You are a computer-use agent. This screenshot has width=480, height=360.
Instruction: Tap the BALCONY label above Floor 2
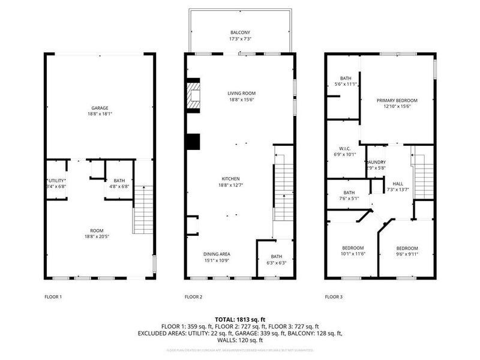click(x=240, y=32)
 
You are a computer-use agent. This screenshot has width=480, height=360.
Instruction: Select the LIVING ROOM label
click(x=242, y=93)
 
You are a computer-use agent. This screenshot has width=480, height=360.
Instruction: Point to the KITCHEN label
click(x=231, y=179)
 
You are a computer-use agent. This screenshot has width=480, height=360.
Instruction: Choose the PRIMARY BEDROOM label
click(x=397, y=100)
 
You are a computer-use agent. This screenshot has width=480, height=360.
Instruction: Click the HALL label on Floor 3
click(x=398, y=184)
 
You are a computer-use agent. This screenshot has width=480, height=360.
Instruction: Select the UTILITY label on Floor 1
click(x=56, y=180)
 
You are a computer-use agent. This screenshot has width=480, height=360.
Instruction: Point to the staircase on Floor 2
click(x=283, y=186)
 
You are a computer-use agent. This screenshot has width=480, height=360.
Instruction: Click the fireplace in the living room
click(x=193, y=96)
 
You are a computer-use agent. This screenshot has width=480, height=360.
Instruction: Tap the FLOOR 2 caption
click(x=193, y=296)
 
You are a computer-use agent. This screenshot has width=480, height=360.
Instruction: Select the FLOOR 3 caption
click(x=334, y=296)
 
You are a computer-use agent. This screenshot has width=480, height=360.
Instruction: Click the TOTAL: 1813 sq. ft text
click(x=240, y=319)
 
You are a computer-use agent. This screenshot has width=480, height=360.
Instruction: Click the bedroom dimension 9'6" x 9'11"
click(x=406, y=254)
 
